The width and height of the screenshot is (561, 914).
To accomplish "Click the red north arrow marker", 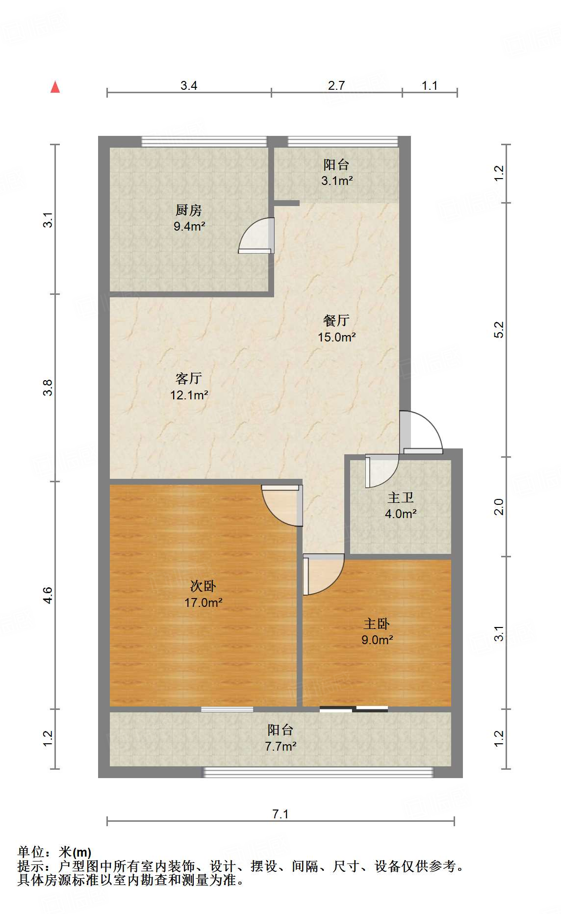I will [x=55, y=87].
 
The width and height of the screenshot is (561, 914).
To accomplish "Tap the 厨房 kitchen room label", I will [x=189, y=210].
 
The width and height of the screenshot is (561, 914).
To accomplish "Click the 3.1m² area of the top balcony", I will [x=337, y=181].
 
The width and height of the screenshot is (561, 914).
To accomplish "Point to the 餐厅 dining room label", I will [x=336, y=321].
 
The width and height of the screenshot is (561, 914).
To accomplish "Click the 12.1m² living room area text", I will [x=189, y=395].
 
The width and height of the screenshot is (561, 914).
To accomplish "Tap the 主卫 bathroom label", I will [x=401, y=498].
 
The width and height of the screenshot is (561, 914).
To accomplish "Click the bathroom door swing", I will [x=381, y=470].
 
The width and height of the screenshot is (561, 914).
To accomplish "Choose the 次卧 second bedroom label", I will [x=203, y=586].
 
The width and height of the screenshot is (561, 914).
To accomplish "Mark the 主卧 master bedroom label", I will [x=377, y=624].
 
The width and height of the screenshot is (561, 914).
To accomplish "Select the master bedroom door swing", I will [x=322, y=574].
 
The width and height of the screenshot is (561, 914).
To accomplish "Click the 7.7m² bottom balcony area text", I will [x=280, y=747].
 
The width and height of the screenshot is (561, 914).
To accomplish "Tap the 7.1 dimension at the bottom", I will [x=280, y=814].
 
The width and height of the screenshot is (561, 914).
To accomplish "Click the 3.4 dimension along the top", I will [x=189, y=86].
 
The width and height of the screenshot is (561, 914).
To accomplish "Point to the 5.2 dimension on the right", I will [x=499, y=330].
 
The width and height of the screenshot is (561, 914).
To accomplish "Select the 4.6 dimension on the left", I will [x=48, y=595].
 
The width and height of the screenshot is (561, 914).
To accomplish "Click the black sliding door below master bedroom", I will [x=354, y=709].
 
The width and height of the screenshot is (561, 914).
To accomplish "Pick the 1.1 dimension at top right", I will [x=430, y=86].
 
